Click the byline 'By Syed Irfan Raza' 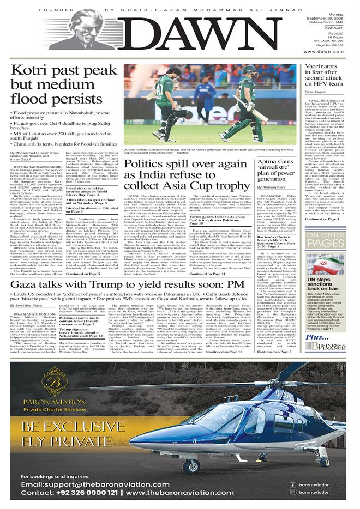27,306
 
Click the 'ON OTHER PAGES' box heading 325,238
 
